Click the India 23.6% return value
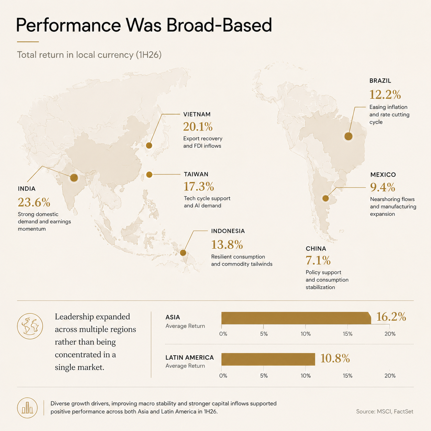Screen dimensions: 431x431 click(x=34, y=202)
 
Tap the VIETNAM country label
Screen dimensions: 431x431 click(x=197, y=114)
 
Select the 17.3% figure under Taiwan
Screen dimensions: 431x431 click(x=199, y=186)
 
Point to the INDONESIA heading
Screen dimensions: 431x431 click(x=228, y=231)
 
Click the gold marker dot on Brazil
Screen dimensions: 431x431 click(x=348, y=136)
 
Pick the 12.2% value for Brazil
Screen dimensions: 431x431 click(x=385, y=95)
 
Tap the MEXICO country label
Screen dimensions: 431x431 click(x=383, y=175)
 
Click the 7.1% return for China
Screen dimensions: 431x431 click(x=318, y=260)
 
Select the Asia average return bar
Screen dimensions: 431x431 click(x=296, y=318)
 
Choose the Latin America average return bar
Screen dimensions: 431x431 click(x=268, y=359)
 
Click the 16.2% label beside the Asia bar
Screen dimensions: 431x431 click(x=391, y=317)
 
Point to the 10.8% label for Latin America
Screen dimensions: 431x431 click(x=335, y=358)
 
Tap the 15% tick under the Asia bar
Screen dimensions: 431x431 click(x=347, y=334)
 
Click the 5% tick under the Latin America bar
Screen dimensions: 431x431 click(x=264, y=376)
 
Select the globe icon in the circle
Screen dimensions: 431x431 click(x=30, y=326)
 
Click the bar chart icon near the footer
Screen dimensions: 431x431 click(x=27, y=408)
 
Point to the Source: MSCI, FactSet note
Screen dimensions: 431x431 click(x=385, y=411)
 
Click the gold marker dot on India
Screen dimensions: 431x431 click(x=74, y=178)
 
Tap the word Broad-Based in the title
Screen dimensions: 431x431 click(x=219, y=25)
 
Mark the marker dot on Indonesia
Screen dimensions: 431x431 click(x=183, y=253)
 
